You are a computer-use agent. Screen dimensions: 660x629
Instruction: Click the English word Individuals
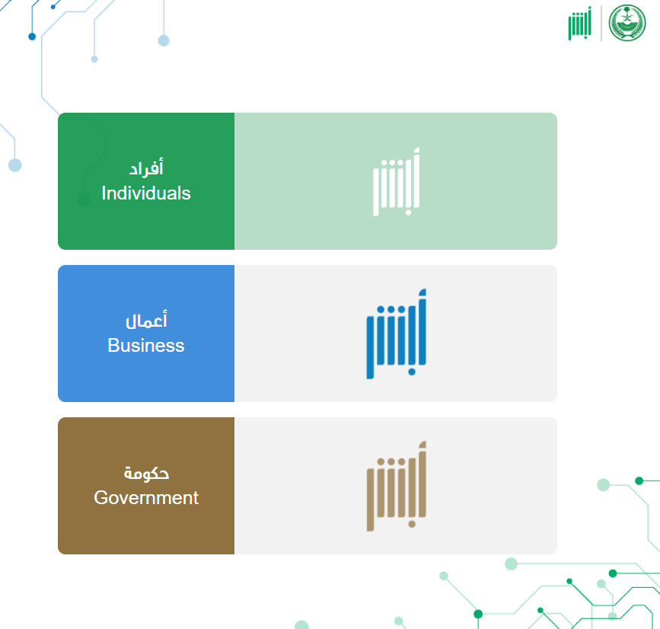coord(146,193)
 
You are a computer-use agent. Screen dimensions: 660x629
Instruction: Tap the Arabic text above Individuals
coord(146,168)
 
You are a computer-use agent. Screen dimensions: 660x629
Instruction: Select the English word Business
coord(146,345)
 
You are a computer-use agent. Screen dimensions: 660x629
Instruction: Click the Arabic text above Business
coord(146,320)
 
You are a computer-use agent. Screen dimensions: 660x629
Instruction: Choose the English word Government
coord(146,498)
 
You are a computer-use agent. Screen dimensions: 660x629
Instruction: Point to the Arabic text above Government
coord(146,473)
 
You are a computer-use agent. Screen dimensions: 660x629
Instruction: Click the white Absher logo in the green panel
coord(396,182)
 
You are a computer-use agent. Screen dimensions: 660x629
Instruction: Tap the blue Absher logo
coord(396,334)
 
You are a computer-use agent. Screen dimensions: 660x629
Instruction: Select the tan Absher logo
coord(396,487)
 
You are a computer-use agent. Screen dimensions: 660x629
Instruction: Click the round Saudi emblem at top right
coord(627,23)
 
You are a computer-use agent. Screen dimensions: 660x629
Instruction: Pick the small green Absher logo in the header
coord(579,23)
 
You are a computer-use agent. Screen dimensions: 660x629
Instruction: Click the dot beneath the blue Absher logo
coord(412,372)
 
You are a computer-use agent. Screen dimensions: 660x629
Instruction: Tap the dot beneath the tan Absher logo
coord(412,524)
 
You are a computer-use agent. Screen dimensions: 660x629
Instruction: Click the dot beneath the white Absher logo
coord(408,212)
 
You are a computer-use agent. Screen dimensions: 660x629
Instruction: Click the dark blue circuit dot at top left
coord(32,37)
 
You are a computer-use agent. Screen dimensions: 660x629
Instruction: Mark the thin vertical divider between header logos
coord(601,23)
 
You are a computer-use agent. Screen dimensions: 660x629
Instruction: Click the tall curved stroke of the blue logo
coord(421,327)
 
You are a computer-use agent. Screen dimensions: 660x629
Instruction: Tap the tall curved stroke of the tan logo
coord(421,479)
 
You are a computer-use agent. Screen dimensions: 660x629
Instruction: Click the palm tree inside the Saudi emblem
coord(627,17)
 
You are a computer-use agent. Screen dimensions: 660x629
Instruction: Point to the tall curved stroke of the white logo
coord(416,177)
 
